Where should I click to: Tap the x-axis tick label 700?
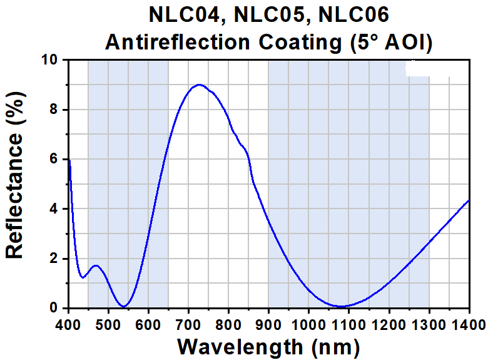(x=188, y=324)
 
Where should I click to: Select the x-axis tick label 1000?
(x=308, y=324)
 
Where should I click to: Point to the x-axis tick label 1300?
(x=429, y=324)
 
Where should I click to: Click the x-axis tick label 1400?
(x=468, y=324)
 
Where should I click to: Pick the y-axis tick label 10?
(x=49, y=60)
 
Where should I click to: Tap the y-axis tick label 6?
(x=54, y=160)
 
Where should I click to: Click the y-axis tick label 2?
(x=54, y=259)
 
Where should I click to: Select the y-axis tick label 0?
(x=54, y=308)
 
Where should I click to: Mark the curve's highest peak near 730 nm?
(x=199, y=85)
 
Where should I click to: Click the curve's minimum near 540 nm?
(x=125, y=306)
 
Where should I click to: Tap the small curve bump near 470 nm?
(x=96, y=265)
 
